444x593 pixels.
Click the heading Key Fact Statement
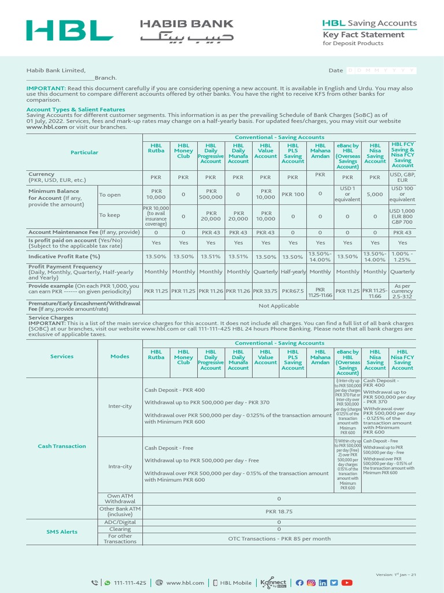click(x=363, y=35)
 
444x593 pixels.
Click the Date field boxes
click(x=381, y=70)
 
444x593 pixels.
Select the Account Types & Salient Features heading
click(x=75, y=109)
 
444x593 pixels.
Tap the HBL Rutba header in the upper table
click(x=156, y=148)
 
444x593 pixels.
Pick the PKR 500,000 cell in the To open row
click(x=210, y=194)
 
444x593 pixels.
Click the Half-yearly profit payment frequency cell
click(x=293, y=272)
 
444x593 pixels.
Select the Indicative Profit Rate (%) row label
click(x=64, y=256)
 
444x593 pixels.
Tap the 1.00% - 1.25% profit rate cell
click(x=402, y=256)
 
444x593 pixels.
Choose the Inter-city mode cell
click(x=120, y=406)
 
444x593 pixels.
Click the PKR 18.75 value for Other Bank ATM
click(x=279, y=512)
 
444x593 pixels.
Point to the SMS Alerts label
click(x=62, y=532)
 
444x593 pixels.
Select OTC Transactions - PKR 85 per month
click(x=279, y=539)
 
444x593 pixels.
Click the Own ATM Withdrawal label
click(x=120, y=499)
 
